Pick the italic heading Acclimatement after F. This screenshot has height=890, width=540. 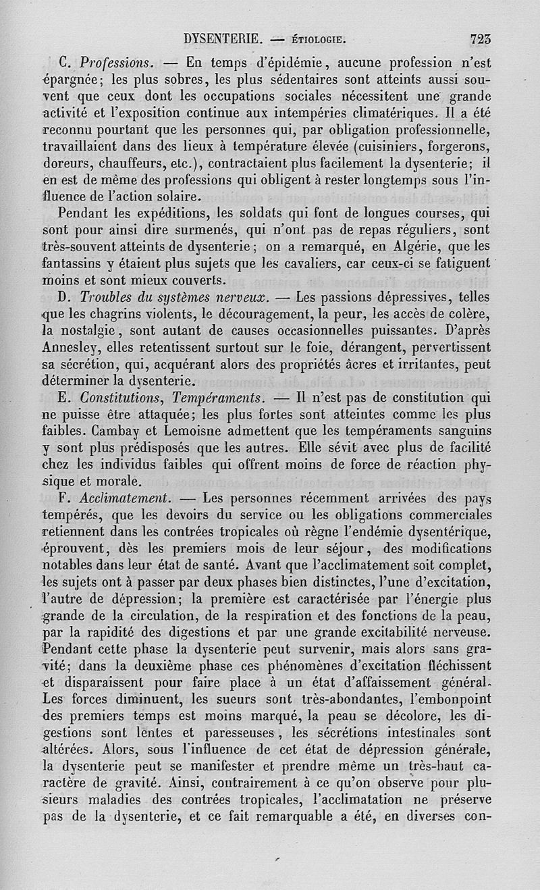coord(123,498)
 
